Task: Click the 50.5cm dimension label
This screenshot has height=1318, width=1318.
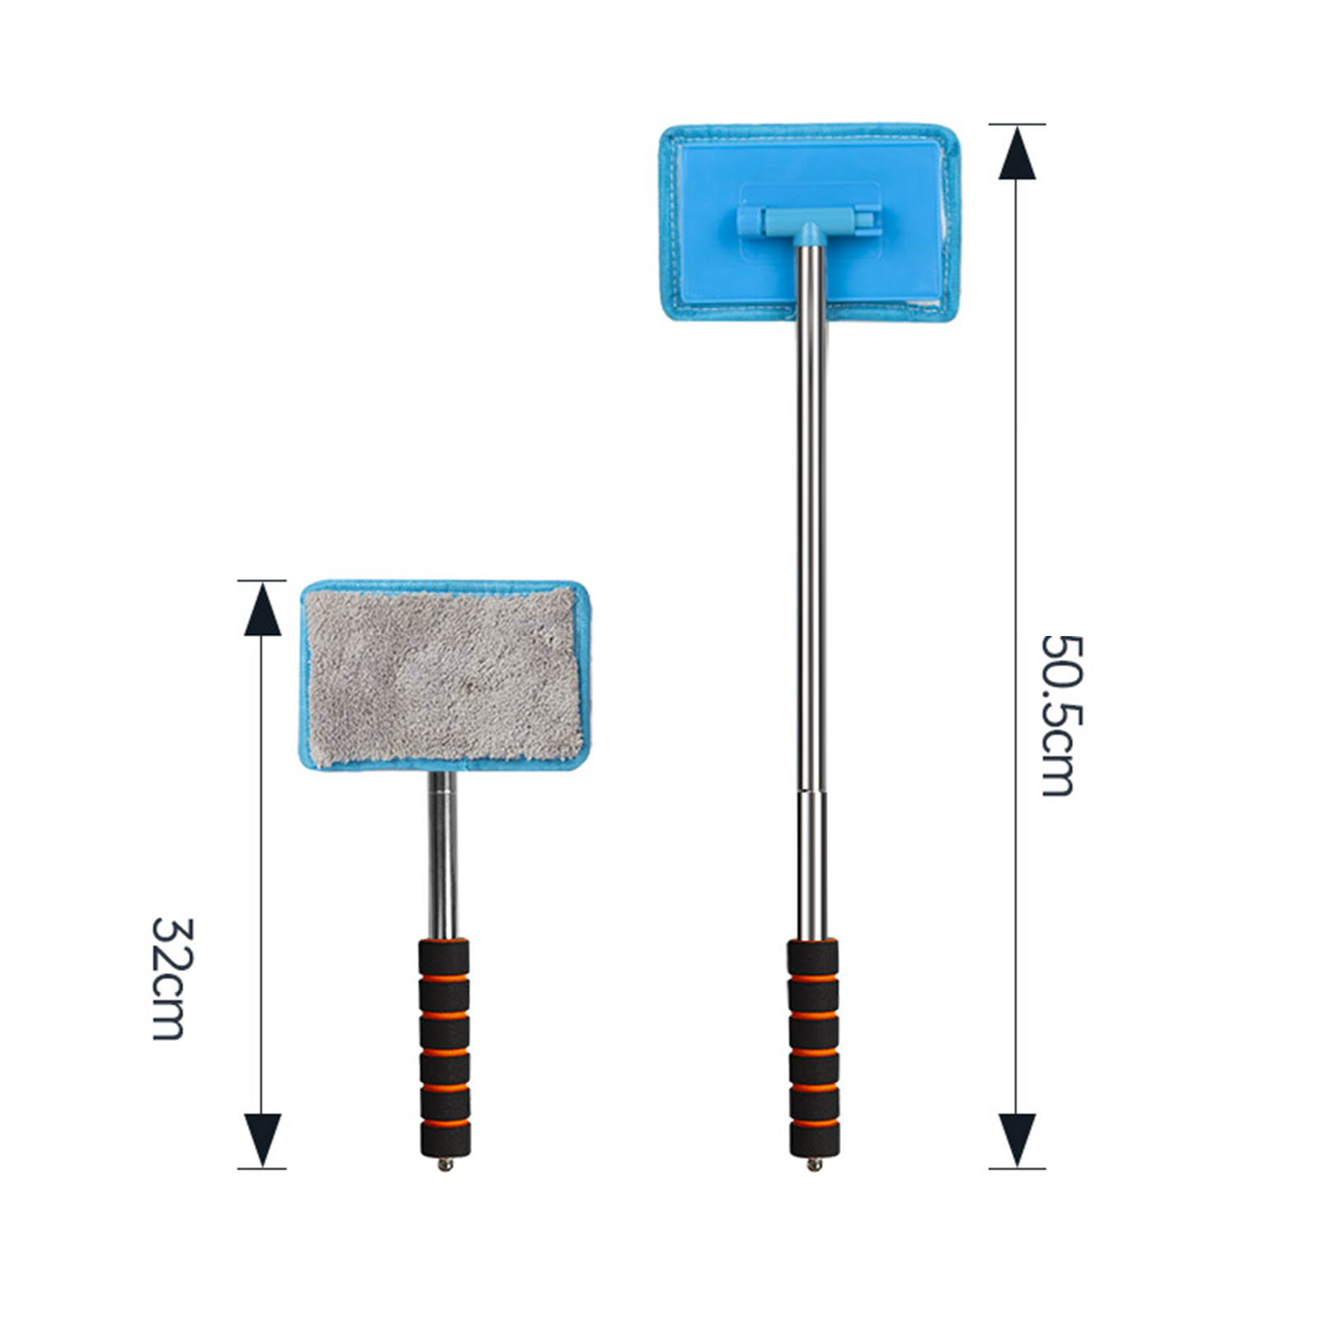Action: (x=1058, y=715)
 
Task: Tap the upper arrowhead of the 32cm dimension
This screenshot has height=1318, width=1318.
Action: (x=263, y=609)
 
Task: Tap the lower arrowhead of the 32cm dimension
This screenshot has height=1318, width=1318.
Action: (x=263, y=1140)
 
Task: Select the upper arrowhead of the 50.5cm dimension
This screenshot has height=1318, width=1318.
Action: (x=1017, y=152)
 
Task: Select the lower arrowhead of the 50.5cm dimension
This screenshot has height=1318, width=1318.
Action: (x=1017, y=1140)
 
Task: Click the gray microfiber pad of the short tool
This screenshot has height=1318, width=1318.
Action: (x=444, y=675)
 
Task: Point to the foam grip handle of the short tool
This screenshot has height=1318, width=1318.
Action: (x=445, y=1047)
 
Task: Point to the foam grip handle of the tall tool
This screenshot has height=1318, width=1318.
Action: (x=813, y=1047)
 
